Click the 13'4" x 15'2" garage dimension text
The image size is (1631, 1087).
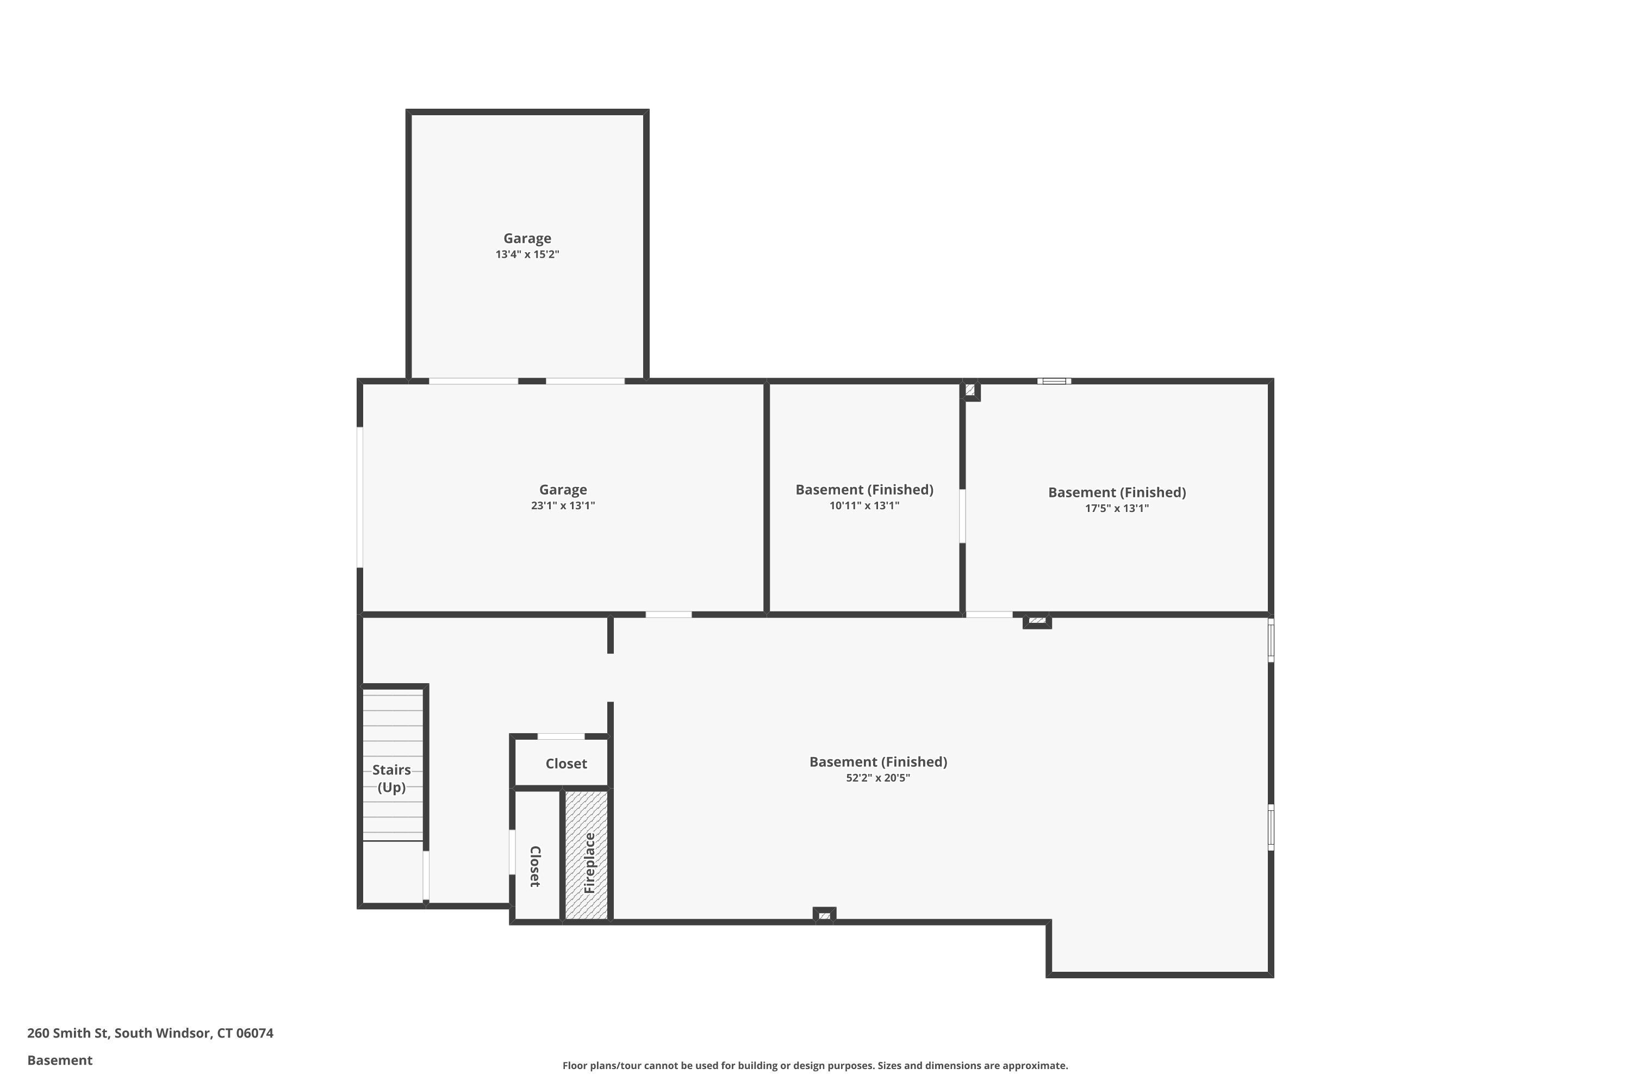(527, 254)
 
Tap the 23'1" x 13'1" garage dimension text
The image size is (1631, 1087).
(563, 505)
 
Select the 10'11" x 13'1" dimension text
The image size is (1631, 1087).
(864, 505)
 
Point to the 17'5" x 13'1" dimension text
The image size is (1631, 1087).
(1117, 508)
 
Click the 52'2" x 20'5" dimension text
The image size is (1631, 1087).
(878, 778)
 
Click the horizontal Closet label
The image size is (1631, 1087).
(566, 763)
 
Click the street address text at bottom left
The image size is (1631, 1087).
(151, 1033)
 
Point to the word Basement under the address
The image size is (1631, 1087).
(60, 1060)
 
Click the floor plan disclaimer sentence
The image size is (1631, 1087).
(815, 1065)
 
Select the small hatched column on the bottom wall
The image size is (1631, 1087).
(825, 916)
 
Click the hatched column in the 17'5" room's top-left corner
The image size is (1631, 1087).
(971, 390)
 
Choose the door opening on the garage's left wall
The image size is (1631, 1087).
(360, 497)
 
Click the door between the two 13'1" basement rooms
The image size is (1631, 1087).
(962, 516)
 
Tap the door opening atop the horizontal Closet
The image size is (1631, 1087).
(561, 736)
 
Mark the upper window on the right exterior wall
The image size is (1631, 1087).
(1271, 640)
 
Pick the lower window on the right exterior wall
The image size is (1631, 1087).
(1271, 827)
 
